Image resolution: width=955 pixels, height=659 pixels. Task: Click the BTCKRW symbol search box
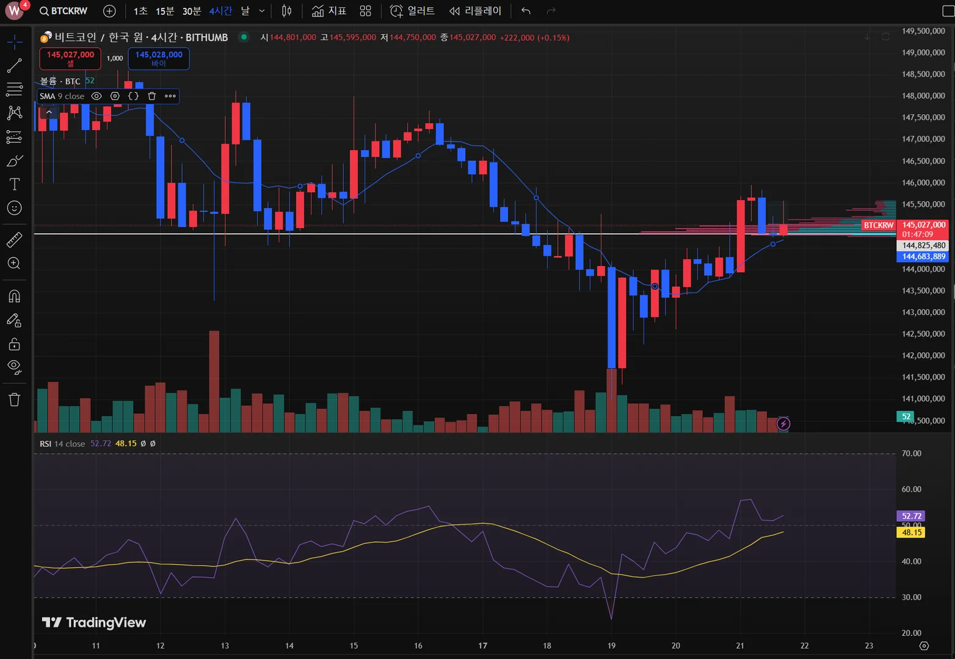tap(64, 11)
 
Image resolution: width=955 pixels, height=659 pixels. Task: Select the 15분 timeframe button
tap(165, 11)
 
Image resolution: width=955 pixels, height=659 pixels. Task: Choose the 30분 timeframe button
tap(192, 11)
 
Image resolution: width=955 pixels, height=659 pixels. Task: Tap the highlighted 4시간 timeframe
tap(220, 11)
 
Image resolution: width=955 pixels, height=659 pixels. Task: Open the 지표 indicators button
tap(329, 11)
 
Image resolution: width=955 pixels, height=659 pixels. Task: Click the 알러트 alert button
tap(413, 11)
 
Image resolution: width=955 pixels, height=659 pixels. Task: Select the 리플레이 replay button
tap(475, 11)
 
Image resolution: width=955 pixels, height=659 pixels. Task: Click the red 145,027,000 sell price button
tap(70, 59)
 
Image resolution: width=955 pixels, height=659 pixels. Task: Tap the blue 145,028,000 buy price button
tap(159, 59)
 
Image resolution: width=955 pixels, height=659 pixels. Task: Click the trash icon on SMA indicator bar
tap(152, 96)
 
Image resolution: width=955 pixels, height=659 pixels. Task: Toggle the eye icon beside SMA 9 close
tap(96, 96)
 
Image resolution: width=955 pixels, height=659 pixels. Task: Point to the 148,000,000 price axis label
tap(923, 96)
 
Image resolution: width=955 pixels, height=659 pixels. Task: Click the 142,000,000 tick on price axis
tap(923, 355)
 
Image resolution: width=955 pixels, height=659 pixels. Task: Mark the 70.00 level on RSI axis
tap(911, 453)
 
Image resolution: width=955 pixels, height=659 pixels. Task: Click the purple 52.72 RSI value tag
tap(911, 516)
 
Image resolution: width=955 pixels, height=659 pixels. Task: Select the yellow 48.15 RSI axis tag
tap(911, 533)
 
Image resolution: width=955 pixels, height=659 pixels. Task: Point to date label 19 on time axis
tap(611, 646)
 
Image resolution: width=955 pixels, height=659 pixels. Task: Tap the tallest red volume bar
tap(214, 381)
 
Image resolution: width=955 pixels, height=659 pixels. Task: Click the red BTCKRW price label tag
tap(878, 226)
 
